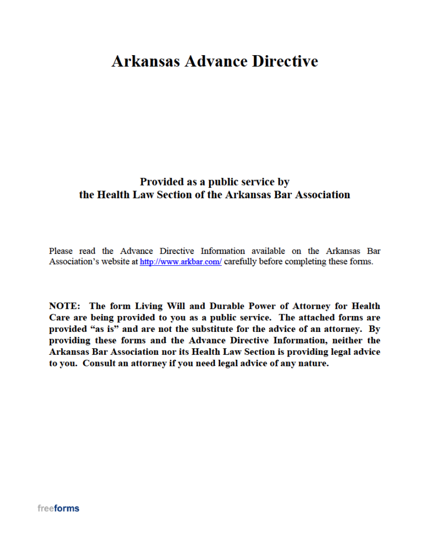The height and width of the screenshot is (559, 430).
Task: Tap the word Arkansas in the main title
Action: (x=145, y=61)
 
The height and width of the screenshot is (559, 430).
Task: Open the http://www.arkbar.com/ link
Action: (x=181, y=262)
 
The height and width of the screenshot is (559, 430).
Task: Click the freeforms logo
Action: (x=58, y=508)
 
